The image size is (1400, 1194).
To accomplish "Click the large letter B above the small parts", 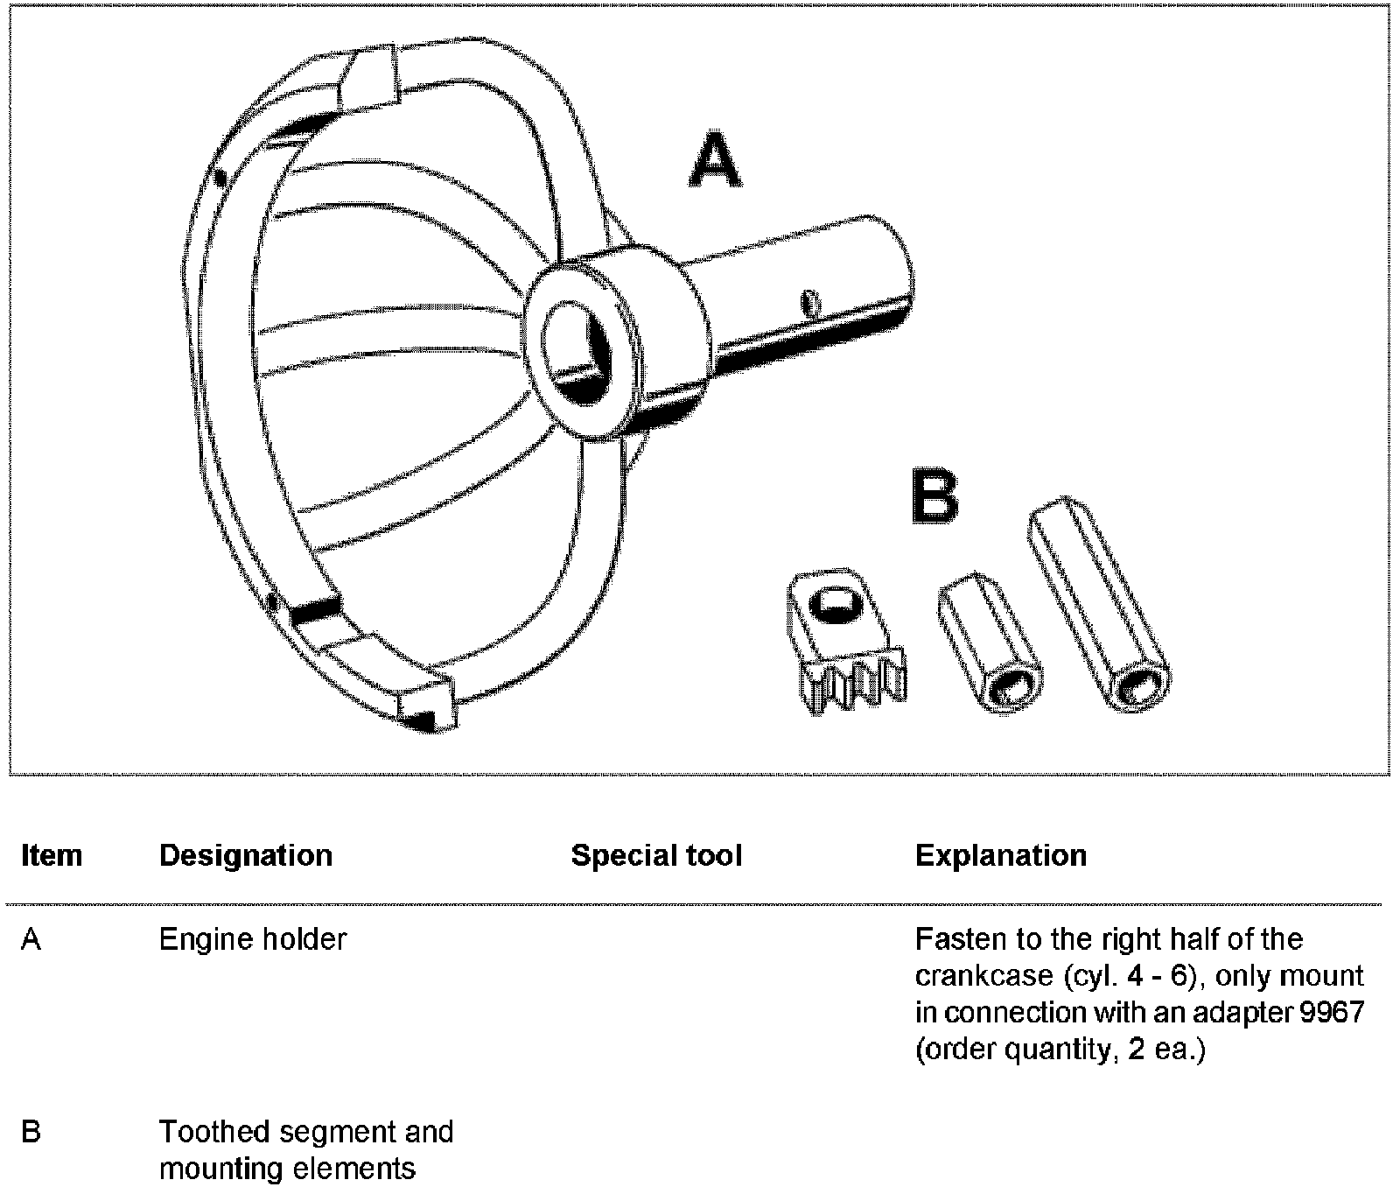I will coord(934,498).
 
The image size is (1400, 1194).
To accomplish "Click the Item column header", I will coord(52,855).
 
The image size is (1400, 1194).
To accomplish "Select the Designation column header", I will coord(246,855).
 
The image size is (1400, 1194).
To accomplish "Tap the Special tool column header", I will coord(656,855).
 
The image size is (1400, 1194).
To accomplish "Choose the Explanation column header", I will coord(1001,855).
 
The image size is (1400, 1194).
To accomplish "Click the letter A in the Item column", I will coord(31,939).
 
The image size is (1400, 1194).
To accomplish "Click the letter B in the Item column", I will coord(31,1132).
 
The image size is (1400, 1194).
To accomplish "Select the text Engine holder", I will coord(253,939).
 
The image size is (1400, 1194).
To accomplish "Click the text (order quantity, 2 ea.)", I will coord(1060,1050).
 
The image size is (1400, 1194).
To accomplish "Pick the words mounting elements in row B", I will coord(287,1169).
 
